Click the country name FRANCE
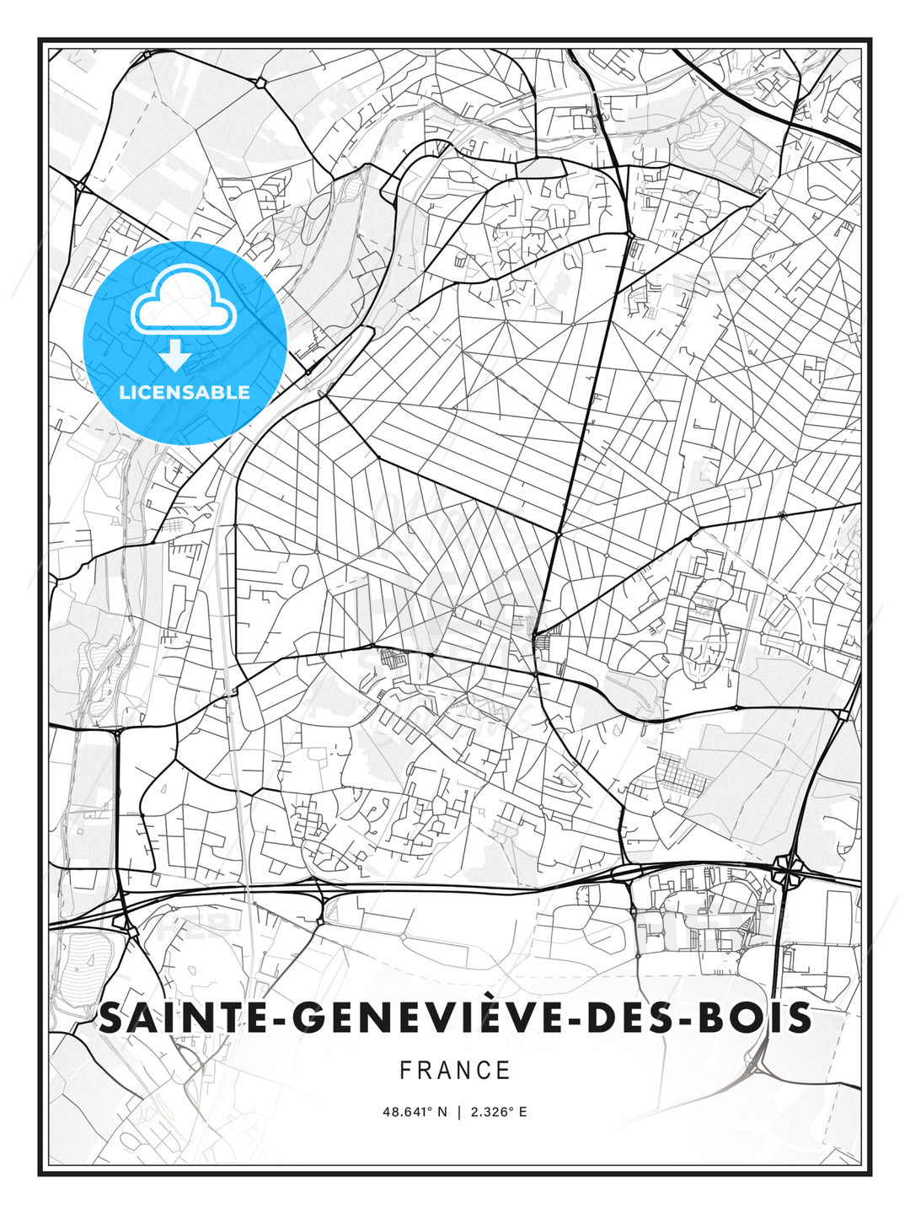[x=455, y=1071]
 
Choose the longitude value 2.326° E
[x=499, y=1112]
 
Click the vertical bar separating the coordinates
[x=459, y=1112]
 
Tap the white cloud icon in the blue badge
[x=185, y=301]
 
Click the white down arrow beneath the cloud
[x=175, y=357]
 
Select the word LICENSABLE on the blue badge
[x=185, y=392]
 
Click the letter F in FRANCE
[x=405, y=1071]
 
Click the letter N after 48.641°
[x=442, y=1112]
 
